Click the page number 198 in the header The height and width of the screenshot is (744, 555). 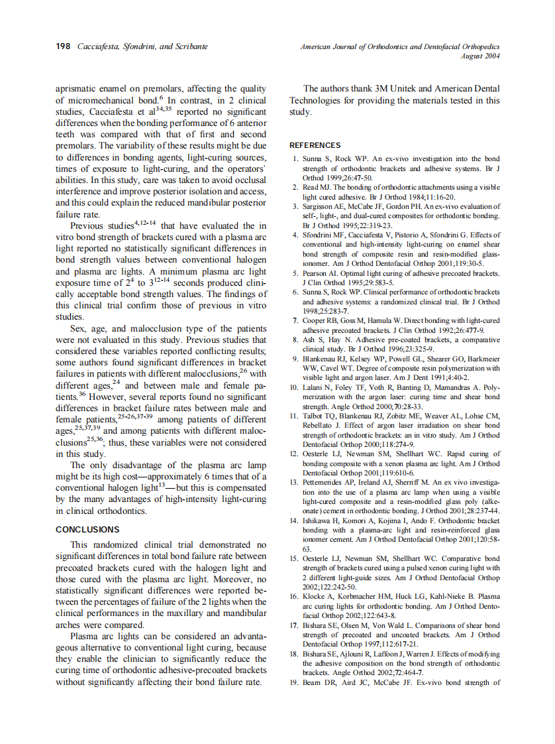click(x=63, y=46)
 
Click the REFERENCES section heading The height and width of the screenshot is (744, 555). click(x=315, y=145)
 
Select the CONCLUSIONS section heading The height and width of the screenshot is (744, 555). click(x=87, y=530)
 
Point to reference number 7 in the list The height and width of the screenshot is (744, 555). click(x=295, y=321)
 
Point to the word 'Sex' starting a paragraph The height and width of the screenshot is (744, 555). click(x=78, y=328)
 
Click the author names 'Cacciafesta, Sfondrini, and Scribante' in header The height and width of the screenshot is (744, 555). click(x=142, y=46)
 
